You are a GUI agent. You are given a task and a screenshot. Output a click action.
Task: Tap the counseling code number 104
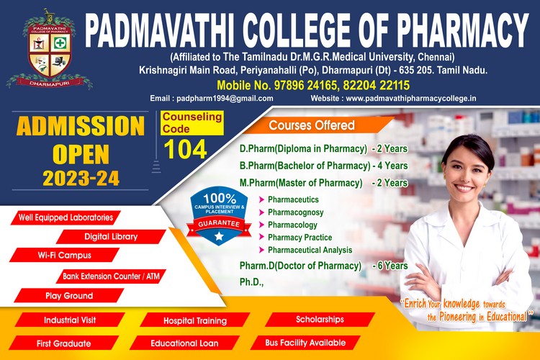pyautogui.click(x=185, y=149)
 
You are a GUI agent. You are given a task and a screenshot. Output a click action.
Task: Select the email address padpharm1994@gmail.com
pyautogui.click(x=225, y=99)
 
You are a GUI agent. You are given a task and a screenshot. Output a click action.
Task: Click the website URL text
pyautogui.click(x=411, y=99)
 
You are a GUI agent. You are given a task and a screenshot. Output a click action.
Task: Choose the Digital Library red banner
pyautogui.click(x=111, y=237)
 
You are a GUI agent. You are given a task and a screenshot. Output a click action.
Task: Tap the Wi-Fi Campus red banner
pyautogui.click(x=64, y=256)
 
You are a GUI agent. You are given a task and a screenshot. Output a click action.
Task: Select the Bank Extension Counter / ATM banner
pyautogui.click(x=111, y=276)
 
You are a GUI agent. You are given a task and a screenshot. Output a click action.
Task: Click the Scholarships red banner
pyautogui.click(x=320, y=320)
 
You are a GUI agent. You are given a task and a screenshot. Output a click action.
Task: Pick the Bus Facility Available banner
pyautogui.click(x=305, y=343)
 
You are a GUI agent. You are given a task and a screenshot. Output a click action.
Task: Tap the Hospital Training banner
pyautogui.click(x=195, y=320)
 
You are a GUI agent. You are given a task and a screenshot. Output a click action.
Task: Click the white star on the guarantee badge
pyautogui.click(x=219, y=236)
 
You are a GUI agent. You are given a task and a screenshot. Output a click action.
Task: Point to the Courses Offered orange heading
pyautogui.click(x=312, y=125)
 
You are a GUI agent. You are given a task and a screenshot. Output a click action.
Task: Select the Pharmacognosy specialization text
pyautogui.click(x=295, y=212)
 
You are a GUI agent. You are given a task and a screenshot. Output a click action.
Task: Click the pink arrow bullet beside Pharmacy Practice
pyautogui.click(x=262, y=238)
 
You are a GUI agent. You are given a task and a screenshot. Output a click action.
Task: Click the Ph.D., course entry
pyautogui.click(x=251, y=282)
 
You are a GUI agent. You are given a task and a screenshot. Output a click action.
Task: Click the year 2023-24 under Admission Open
pyautogui.click(x=81, y=179)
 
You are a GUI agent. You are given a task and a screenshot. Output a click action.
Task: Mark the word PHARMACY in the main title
pyautogui.click(x=462, y=30)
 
